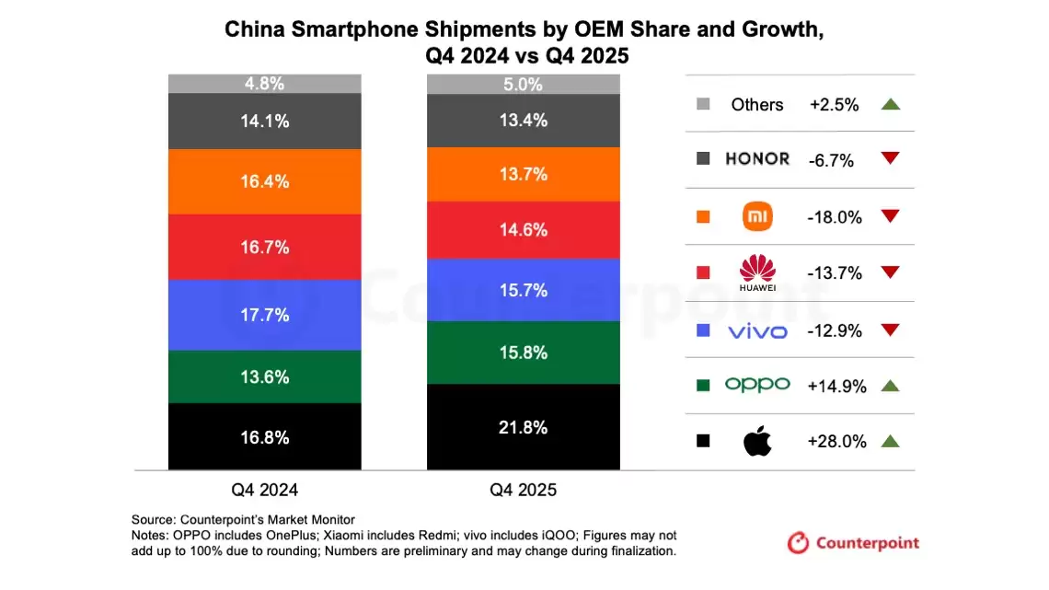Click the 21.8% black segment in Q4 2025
tap(523, 427)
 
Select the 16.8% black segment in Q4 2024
tap(264, 436)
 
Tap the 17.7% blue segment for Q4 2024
tap(264, 315)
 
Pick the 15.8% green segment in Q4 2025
tap(523, 353)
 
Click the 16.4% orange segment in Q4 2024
tap(264, 181)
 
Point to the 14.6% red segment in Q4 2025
tap(523, 230)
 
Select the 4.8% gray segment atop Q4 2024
tap(264, 84)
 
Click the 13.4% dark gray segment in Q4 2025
tap(523, 120)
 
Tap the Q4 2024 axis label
tap(264, 490)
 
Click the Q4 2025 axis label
tap(523, 490)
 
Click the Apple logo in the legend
tap(757, 442)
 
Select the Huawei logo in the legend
tap(757, 273)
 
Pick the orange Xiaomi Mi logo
tap(757, 217)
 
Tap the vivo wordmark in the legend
tap(757, 330)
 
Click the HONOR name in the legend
tap(757, 159)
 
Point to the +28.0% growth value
tap(836, 442)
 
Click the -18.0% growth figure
tap(835, 217)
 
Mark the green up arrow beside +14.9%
tap(889, 387)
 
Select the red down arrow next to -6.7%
tap(889, 159)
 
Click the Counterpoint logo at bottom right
tap(853, 543)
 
